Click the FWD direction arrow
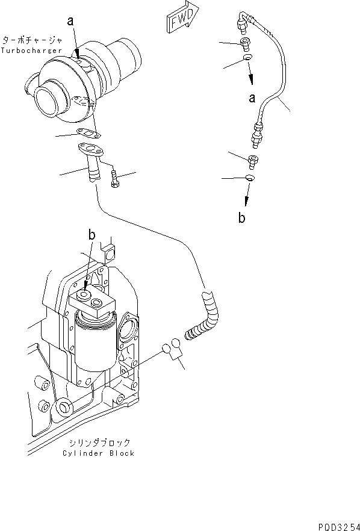tap(181, 20)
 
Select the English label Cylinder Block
tap(98, 453)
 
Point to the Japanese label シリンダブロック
tap(98, 442)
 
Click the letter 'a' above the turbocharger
tap(70, 21)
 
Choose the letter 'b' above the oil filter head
tap(92, 235)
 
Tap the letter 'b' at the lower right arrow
tap(241, 218)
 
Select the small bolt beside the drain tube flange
tap(115, 178)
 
